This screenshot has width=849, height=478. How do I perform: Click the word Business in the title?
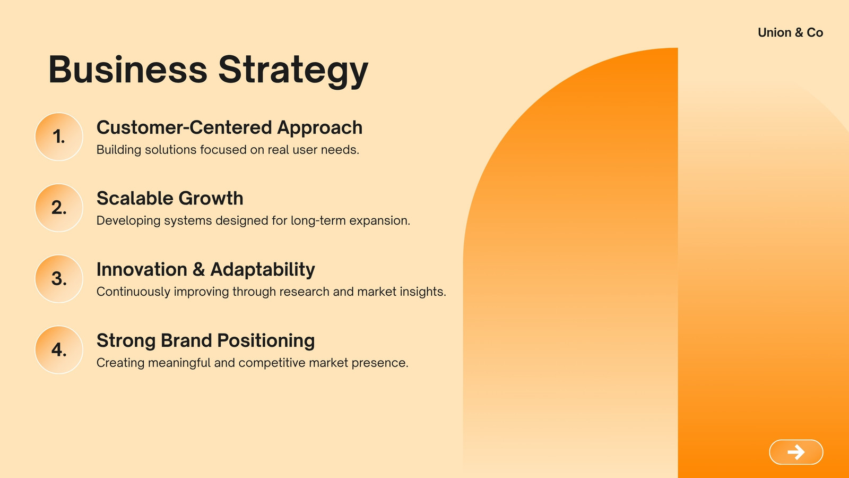point(128,70)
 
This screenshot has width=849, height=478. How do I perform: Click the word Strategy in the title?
point(293,71)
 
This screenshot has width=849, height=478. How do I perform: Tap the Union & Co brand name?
point(790,32)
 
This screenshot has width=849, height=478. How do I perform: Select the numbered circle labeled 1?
point(59,136)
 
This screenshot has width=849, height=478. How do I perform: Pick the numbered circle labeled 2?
point(59,208)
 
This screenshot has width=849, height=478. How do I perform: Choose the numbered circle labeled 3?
point(59,279)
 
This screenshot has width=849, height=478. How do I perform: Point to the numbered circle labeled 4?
point(59,350)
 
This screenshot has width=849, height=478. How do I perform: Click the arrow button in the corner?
point(796,452)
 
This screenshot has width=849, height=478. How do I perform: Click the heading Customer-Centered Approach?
point(229,127)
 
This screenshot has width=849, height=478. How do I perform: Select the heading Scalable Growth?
point(170,198)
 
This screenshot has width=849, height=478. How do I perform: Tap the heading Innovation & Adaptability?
point(206,270)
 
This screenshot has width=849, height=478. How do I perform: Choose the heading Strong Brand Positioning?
point(206,340)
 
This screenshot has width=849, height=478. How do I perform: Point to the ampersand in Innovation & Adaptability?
point(198,269)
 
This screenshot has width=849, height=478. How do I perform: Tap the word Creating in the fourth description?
point(120,363)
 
